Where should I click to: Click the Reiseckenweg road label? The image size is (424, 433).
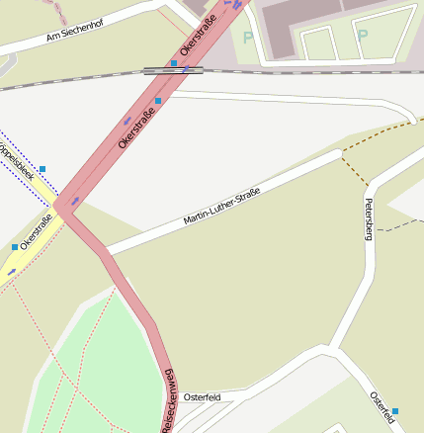[x=167, y=399]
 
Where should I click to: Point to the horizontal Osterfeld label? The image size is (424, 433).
[x=202, y=396]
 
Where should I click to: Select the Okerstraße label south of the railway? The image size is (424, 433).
[x=136, y=130]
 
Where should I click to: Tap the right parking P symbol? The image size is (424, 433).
[x=362, y=35]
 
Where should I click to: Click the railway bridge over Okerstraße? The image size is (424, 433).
[x=174, y=70]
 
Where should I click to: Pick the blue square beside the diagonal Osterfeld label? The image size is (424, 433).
[x=395, y=410]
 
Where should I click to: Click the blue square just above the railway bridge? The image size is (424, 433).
[x=174, y=62]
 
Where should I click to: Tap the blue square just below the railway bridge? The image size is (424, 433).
[x=158, y=101]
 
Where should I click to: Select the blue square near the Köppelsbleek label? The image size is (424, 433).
[x=42, y=169]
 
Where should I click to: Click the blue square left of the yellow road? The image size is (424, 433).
[x=15, y=246]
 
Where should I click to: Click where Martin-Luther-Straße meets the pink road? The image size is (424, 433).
[x=108, y=253]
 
